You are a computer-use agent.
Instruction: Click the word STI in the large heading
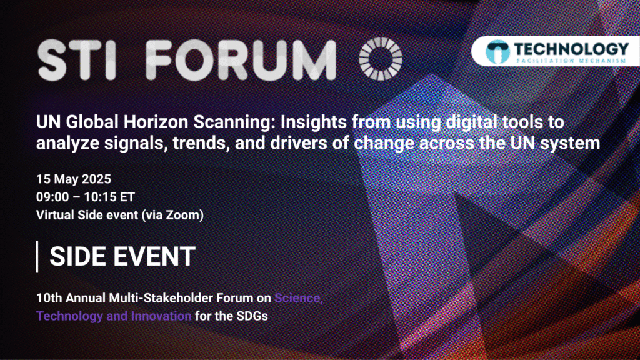click(x=77, y=59)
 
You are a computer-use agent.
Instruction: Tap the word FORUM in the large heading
click(x=241, y=59)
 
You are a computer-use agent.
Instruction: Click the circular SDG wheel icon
click(x=381, y=59)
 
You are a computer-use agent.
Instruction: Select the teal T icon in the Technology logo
click(x=497, y=51)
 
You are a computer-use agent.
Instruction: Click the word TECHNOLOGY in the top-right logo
click(x=571, y=49)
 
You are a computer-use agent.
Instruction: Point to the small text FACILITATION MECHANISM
click(x=571, y=61)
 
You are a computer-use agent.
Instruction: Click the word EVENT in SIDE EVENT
click(x=154, y=257)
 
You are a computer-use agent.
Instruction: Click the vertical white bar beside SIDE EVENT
click(x=37, y=257)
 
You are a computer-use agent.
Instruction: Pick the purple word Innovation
click(x=161, y=316)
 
